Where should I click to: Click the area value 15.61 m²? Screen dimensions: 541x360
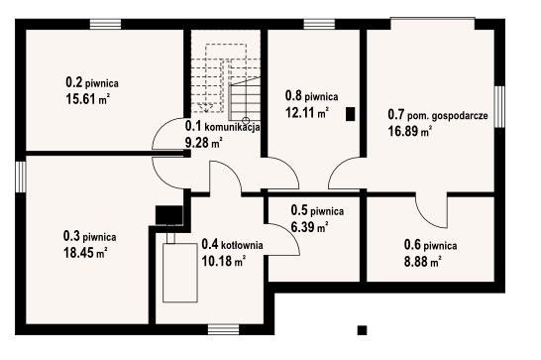(x=87, y=99)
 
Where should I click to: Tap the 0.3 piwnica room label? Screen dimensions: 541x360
(x=90, y=237)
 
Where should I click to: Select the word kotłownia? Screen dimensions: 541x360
(x=242, y=245)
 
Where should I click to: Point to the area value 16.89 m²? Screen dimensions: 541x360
(x=410, y=131)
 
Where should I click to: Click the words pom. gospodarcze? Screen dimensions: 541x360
(x=448, y=116)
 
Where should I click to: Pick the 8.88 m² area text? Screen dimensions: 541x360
(x=423, y=262)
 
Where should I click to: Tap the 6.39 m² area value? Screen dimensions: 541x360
(x=309, y=227)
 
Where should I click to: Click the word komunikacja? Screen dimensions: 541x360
(x=232, y=127)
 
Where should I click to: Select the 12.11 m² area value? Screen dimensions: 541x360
(x=307, y=112)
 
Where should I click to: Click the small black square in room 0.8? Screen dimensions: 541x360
(x=350, y=114)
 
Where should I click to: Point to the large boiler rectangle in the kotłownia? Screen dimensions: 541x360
(x=180, y=273)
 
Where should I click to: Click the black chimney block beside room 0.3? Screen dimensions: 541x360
(x=169, y=215)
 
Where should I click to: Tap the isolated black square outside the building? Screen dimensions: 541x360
(x=362, y=330)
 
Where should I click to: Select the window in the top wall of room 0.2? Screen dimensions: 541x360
(x=106, y=24)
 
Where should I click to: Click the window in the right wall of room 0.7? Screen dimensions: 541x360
(x=499, y=107)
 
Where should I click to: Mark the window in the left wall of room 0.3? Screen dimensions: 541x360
(x=21, y=177)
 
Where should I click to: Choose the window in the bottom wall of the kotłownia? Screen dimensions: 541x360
(x=224, y=329)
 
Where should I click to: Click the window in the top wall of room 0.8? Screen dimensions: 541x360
(x=319, y=24)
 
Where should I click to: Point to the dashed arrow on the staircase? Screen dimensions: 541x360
(x=206, y=107)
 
